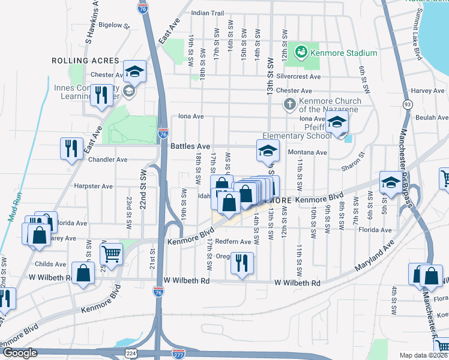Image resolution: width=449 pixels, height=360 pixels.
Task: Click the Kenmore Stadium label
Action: (343, 53)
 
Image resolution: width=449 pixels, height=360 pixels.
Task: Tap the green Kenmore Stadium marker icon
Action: (301, 53)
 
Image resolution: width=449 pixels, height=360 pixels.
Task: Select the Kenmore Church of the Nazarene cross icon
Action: (289, 105)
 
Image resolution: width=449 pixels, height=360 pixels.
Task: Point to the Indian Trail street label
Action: (207, 13)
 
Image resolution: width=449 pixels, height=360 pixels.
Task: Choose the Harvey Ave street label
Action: (428, 91)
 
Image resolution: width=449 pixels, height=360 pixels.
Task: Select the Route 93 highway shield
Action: (408, 104)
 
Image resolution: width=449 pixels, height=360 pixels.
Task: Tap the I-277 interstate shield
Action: (178, 353)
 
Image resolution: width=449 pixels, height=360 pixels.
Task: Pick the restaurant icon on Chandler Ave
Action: (71, 148)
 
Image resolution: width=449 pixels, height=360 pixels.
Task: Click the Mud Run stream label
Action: (16, 206)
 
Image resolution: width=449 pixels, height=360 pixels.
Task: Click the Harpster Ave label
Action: (92, 186)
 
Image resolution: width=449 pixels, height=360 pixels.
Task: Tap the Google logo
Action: (20, 353)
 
